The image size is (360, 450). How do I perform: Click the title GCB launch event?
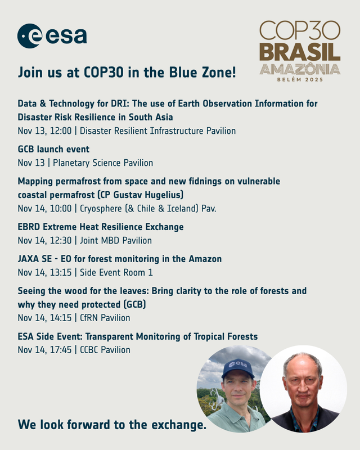tap(53, 149)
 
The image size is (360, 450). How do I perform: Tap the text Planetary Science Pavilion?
tap(103, 163)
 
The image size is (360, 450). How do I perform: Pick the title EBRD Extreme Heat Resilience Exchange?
tap(101, 227)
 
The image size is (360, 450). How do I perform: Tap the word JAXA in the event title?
tap(30, 259)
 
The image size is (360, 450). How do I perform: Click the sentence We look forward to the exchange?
tap(112, 425)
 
